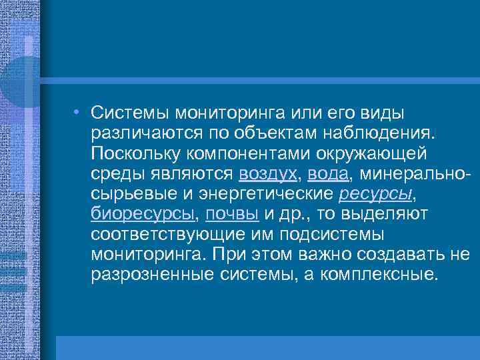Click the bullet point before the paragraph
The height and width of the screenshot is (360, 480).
point(78,111)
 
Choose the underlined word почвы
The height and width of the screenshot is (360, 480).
point(233,214)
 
